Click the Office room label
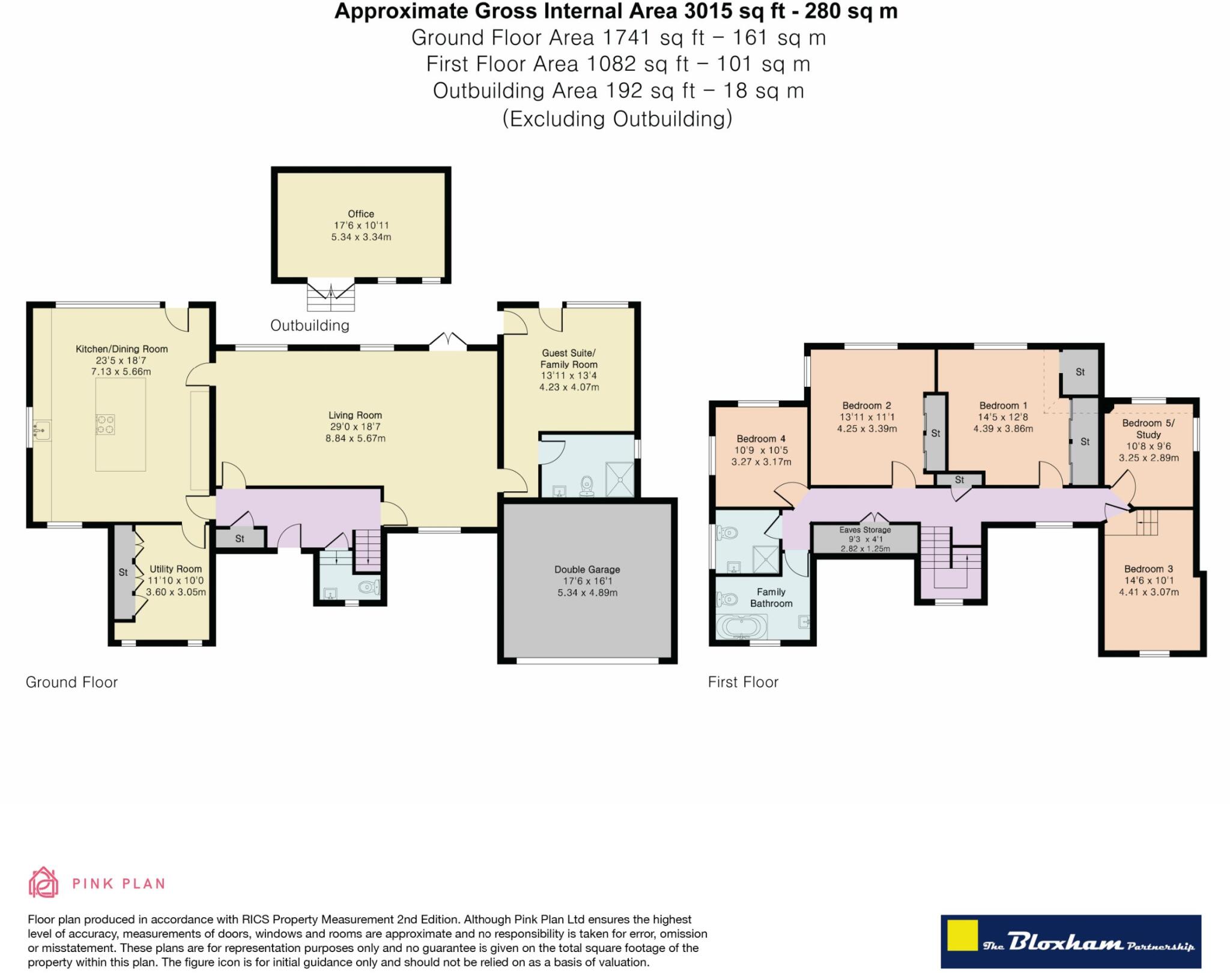coord(361,214)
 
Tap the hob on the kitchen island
coord(105,425)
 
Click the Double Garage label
coord(587,569)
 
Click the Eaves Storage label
coord(865,530)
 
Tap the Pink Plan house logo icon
coord(43,882)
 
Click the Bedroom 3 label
coord(1148,569)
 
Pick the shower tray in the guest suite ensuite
coord(619,479)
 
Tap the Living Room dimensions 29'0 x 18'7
coord(355,426)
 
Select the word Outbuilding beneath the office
coord(309,326)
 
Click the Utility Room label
coord(175,569)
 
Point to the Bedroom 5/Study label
coord(1148,428)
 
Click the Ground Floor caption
coord(71,682)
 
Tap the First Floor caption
coord(743,682)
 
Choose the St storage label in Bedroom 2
coord(935,433)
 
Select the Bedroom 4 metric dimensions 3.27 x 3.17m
coord(761,462)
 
